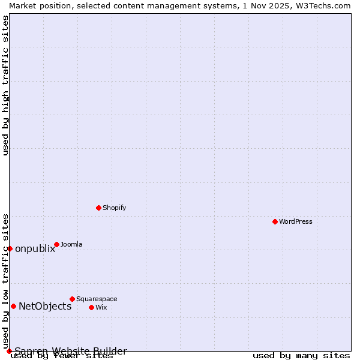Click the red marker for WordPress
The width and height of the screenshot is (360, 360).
click(275, 221)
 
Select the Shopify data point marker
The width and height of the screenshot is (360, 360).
click(98, 208)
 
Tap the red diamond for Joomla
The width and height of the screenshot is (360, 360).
click(56, 244)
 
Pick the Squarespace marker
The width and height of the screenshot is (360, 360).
click(72, 299)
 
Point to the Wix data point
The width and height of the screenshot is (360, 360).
click(91, 307)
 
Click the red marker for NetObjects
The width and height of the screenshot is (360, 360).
click(13, 306)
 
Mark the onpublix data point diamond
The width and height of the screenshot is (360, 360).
click(10, 248)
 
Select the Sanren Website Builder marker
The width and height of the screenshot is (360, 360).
click(9, 351)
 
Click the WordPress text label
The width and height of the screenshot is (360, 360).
click(296, 221)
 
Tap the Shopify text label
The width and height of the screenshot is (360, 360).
click(114, 208)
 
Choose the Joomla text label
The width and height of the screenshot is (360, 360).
click(71, 244)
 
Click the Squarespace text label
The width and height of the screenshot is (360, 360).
click(97, 299)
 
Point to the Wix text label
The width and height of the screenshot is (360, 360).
click(101, 307)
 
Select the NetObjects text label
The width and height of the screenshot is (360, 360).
click(45, 306)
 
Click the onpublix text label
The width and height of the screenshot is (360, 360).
click(35, 248)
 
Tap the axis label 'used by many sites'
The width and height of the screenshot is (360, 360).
click(301, 355)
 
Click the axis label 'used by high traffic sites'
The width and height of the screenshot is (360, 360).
click(5, 85)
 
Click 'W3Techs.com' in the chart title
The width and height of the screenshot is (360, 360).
click(323, 5)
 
